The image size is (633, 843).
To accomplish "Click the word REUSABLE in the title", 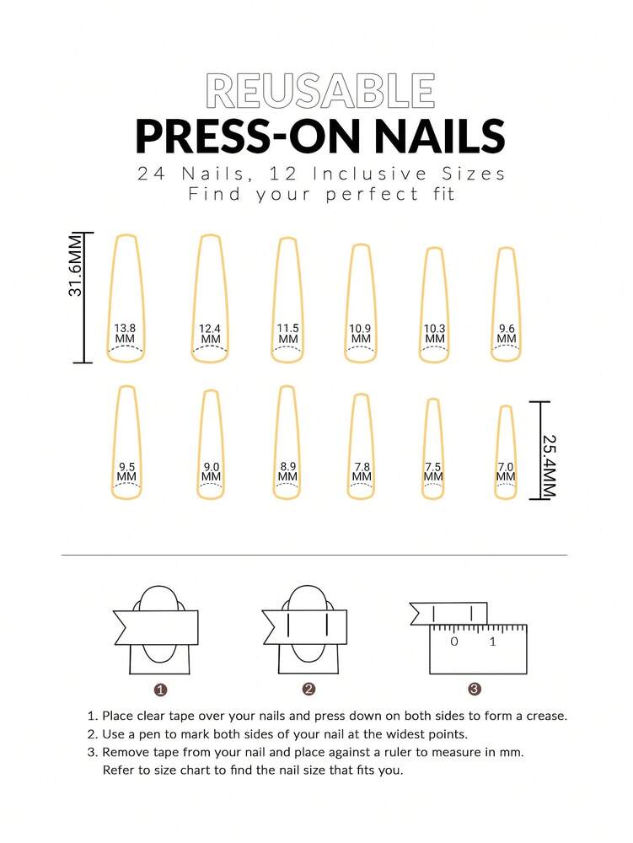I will [320, 92].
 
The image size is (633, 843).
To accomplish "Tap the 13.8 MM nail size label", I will [125, 333].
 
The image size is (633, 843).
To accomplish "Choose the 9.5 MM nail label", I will [127, 471].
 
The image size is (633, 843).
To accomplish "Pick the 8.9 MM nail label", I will [287, 471].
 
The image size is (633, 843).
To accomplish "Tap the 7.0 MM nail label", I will [506, 471].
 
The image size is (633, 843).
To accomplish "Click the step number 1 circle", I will [160, 690].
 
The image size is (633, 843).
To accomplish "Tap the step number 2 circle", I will [308, 690].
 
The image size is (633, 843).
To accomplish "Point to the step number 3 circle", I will [475, 690].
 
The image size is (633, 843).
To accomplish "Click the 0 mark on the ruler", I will [454, 642].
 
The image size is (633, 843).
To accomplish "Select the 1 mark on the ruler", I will [493, 642].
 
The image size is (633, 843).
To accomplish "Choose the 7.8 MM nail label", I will [362, 471].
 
